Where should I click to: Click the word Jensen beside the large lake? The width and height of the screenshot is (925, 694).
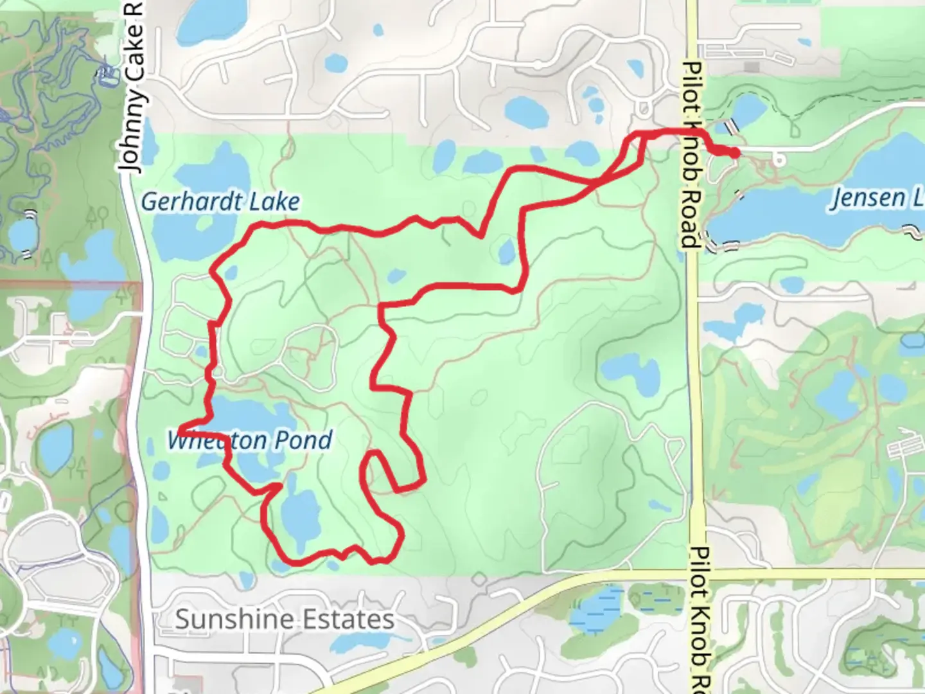tap(867, 198)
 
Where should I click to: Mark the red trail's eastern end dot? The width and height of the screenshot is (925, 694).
tap(734, 153)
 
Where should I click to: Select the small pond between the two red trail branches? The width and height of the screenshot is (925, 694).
tap(506, 251)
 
